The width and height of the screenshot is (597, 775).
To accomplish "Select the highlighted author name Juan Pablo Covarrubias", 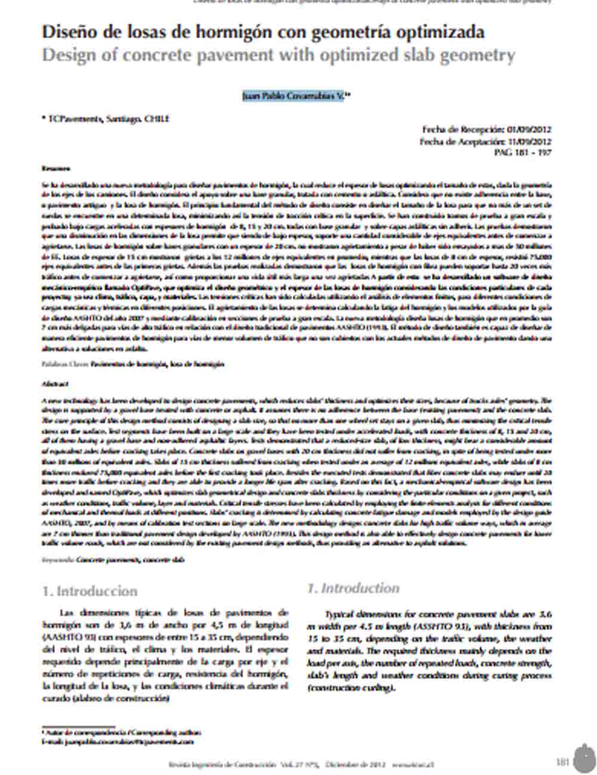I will [293, 95].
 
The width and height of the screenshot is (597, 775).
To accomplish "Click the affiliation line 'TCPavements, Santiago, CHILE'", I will [107, 119].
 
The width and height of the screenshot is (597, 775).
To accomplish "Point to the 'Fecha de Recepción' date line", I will [487, 129].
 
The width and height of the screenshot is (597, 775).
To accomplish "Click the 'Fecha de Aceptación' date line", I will [485, 141].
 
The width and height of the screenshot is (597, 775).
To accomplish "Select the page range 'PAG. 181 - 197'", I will [523, 152].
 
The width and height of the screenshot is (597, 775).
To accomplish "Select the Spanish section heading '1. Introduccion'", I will [90, 591].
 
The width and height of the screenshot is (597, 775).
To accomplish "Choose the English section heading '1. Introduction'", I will [353, 588].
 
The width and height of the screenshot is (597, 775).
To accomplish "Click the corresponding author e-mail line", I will [118, 742].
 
